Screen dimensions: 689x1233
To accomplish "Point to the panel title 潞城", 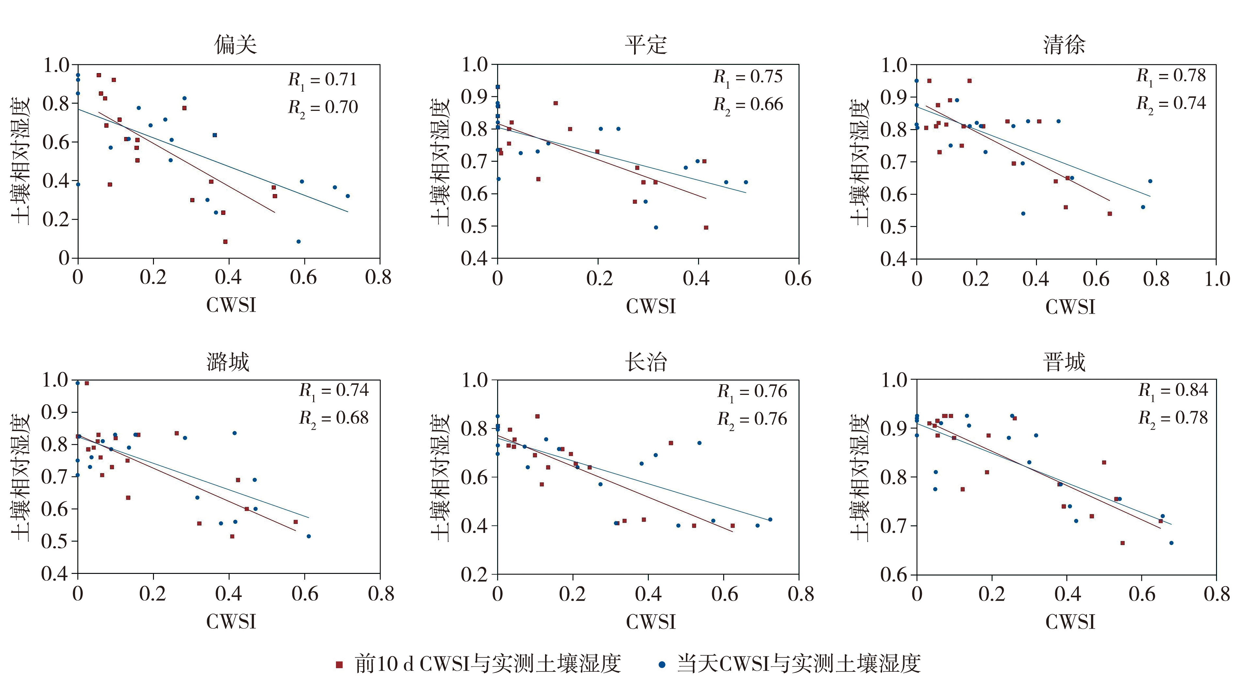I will click(228, 362).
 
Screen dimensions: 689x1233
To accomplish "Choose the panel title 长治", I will click(646, 362).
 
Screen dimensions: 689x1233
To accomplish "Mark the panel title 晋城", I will click(1064, 362).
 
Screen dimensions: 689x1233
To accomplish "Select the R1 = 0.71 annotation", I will click(323, 80).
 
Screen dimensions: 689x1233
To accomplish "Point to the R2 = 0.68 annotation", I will click(334, 418).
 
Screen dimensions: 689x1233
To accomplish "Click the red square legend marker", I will click(339, 665).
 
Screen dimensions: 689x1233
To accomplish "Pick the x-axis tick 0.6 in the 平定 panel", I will click(798, 279).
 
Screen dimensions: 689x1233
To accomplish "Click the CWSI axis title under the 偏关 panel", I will click(231, 305).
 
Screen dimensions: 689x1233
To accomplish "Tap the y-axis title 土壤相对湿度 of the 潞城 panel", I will click(21, 477).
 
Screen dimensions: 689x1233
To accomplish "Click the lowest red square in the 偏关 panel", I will click(225, 242).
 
